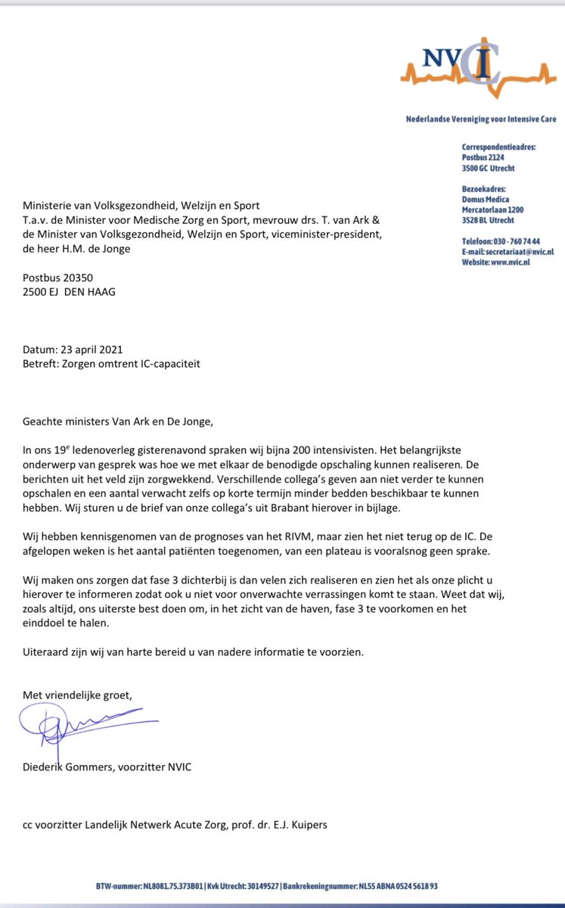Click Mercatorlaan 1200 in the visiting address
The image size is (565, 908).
492,210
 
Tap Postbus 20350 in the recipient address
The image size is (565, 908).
57,277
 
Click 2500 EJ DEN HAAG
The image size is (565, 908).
70,291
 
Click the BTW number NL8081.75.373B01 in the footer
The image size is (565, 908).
168,885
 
